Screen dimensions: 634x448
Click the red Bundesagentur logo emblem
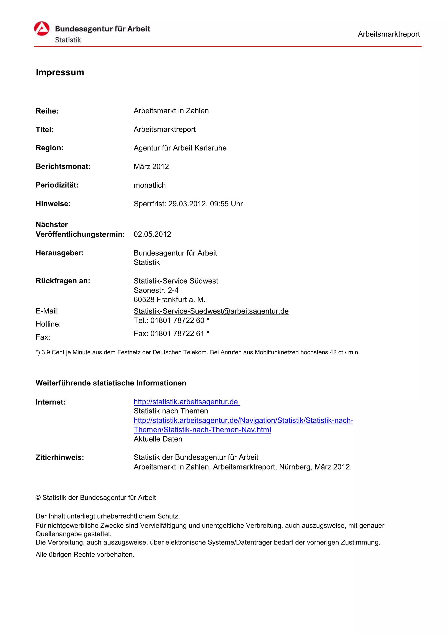point(42,28)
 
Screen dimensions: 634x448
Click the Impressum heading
point(60,72)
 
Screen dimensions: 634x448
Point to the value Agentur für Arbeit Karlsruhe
point(180,148)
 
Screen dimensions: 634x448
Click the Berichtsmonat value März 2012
point(151,166)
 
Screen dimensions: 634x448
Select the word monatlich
point(150,185)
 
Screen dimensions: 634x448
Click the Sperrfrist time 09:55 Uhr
point(226,204)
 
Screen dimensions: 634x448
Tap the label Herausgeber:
point(60,253)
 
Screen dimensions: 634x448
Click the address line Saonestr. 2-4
point(156,290)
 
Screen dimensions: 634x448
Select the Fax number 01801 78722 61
point(177,334)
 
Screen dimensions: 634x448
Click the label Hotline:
point(48,324)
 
